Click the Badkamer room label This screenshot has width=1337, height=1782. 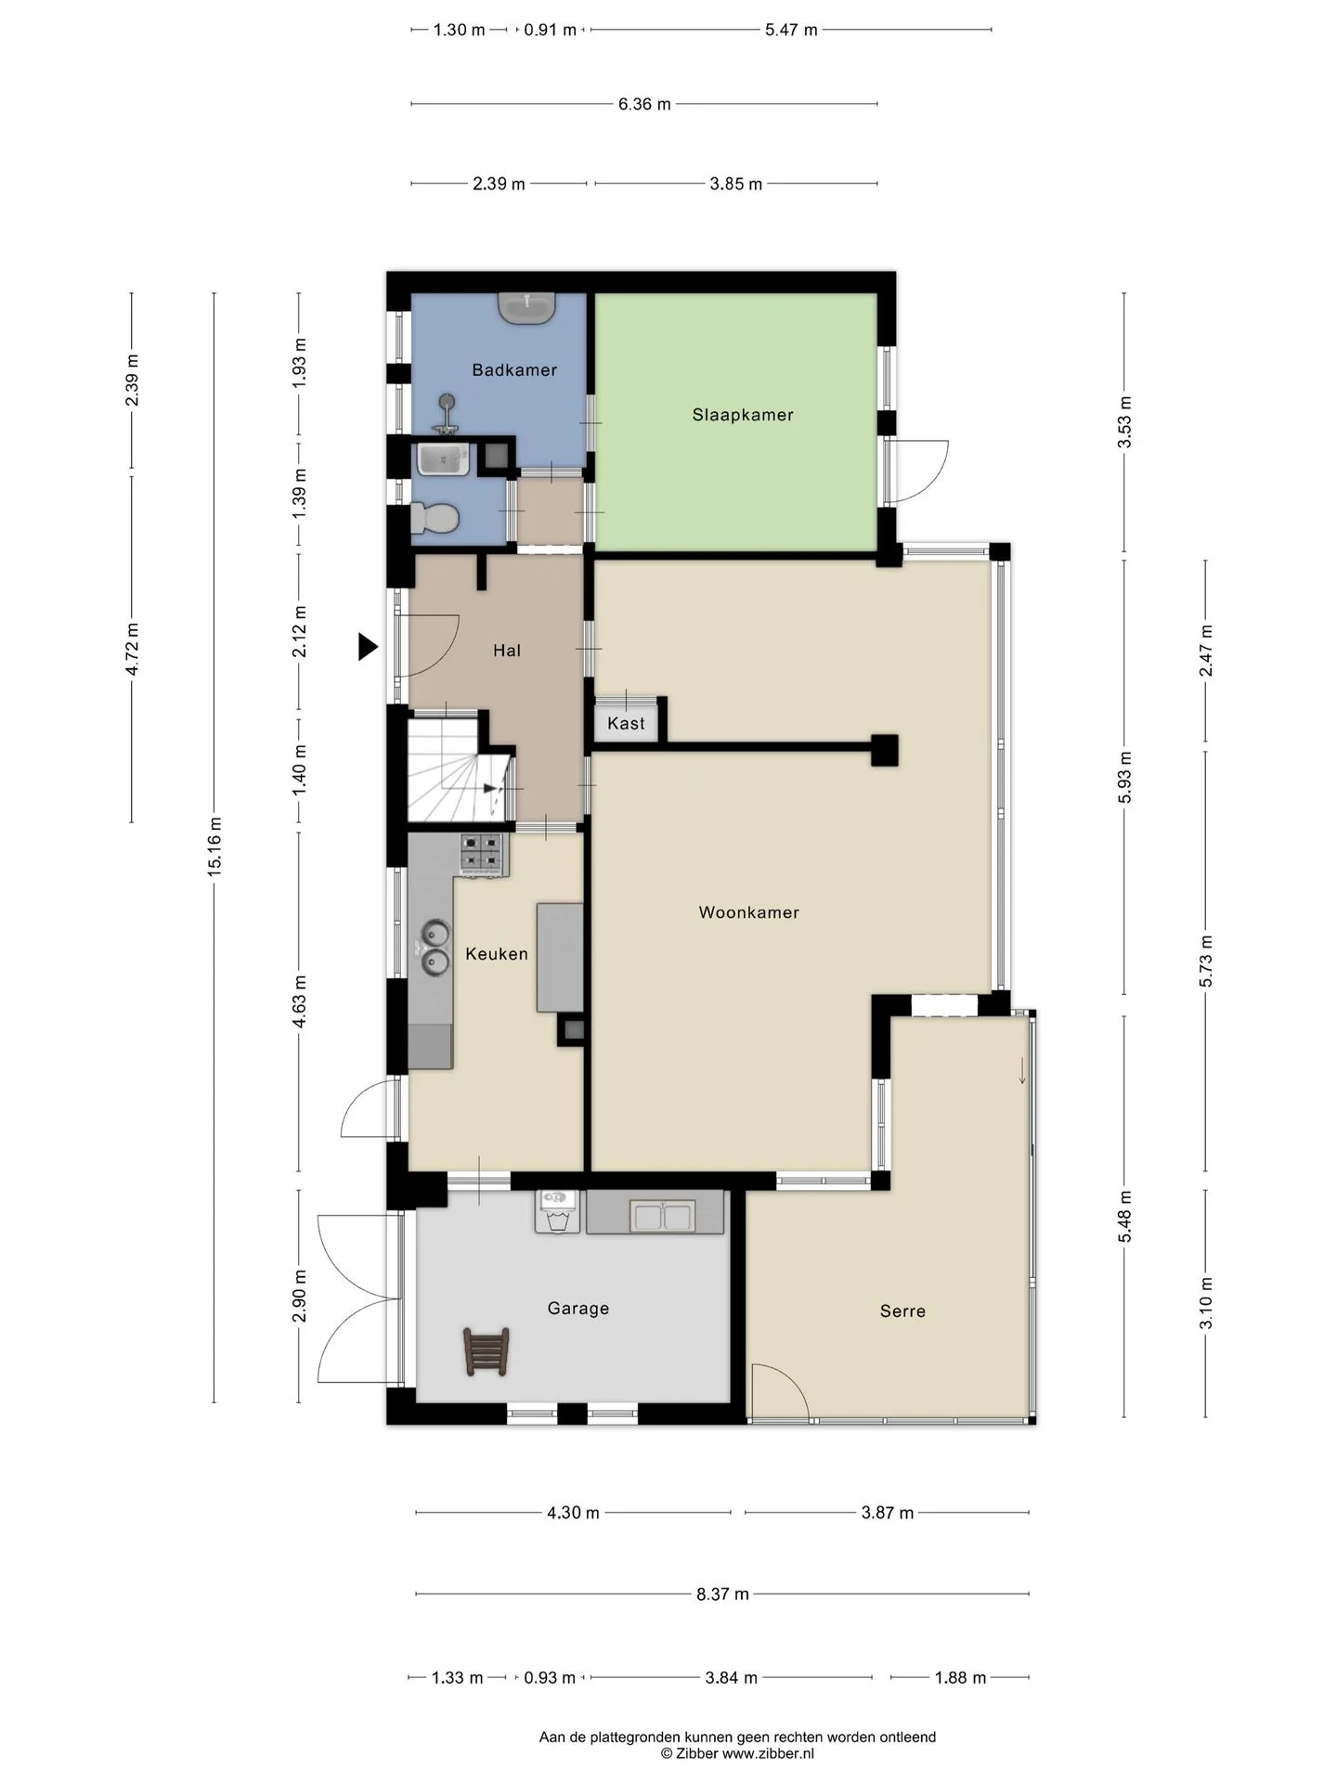[x=514, y=370]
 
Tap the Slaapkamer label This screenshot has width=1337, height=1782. [x=743, y=415]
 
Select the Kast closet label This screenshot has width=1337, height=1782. [x=626, y=724]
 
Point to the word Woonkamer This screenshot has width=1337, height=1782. [x=748, y=912]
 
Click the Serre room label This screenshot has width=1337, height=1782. [x=902, y=1311]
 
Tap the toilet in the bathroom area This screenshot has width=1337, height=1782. [x=435, y=518]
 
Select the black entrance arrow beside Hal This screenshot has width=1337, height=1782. [x=369, y=647]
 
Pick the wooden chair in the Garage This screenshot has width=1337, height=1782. [x=486, y=1351]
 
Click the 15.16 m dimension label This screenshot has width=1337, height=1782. [x=214, y=846]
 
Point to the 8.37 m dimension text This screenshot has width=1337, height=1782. [x=722, y=1595]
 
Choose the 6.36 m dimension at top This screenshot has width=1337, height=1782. [x=644, y=104]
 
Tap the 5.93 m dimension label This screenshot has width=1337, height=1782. [x=1124, y=778]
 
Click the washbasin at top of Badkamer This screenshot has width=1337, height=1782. [x=527, y=308]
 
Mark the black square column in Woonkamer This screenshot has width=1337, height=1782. [x=884, y=750]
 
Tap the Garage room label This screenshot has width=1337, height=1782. [x=578, y=1309]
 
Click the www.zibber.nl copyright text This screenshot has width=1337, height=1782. [x=737, y=1753]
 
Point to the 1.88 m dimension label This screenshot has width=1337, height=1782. [x=960, y=1677]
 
